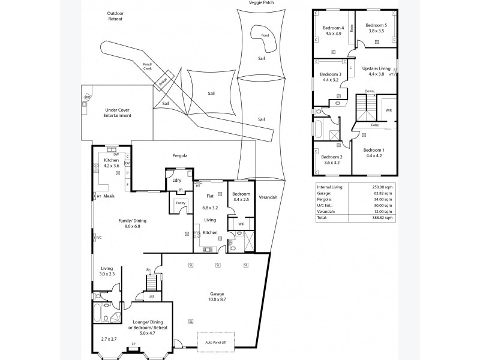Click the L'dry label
pos(177,180)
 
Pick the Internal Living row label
pos(329,187)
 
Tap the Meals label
pos(109,196)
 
